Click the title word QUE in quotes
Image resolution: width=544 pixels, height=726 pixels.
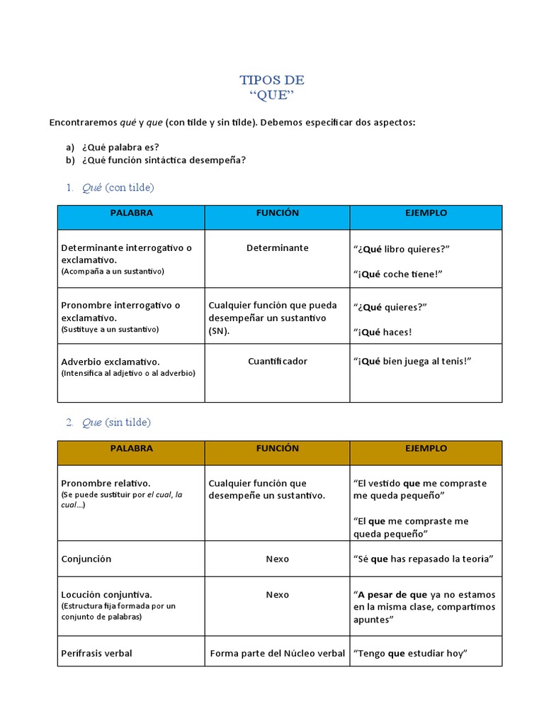click(272, 96)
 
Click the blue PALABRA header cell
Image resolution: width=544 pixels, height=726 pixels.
click(131, 213)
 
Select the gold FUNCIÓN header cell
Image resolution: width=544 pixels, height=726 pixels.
click(277, 449)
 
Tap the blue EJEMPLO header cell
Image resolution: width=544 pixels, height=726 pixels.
click(426, 213)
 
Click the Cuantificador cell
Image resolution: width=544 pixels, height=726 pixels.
click(277, 362)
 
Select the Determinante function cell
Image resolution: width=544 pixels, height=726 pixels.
click(277, 248)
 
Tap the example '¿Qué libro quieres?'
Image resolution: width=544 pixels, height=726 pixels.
click(402, 249)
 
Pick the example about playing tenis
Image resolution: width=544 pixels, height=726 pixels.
click(412, 362)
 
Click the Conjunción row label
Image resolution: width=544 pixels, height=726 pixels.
click(86, 559)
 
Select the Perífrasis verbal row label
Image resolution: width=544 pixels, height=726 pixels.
click(96, 654)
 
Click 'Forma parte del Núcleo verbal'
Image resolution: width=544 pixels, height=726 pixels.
click(277, 654)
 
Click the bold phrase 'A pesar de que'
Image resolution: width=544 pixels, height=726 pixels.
click(392, 595)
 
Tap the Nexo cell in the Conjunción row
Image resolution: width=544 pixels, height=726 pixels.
click(277, 559)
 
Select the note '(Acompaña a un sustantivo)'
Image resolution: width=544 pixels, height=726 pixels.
click(113, 272)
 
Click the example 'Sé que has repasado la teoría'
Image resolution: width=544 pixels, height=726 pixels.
click(422, 559)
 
